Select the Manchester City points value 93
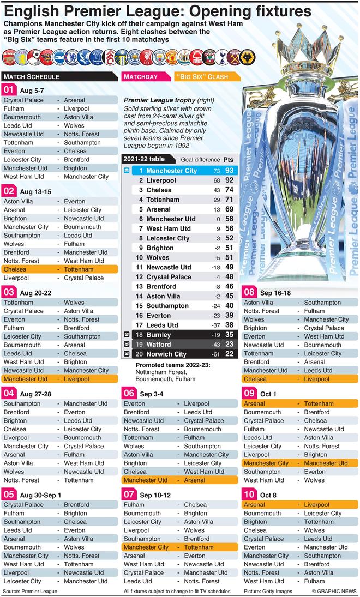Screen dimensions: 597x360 [229, 171]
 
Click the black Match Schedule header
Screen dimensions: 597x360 [59, 77]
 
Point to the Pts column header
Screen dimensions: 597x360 [229, 159]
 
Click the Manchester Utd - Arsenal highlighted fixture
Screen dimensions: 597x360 [180, 480]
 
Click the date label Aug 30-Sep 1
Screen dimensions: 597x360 [40, 496]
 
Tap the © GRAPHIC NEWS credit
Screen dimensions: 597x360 [334, 591]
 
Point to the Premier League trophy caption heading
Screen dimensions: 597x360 [159, 100]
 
